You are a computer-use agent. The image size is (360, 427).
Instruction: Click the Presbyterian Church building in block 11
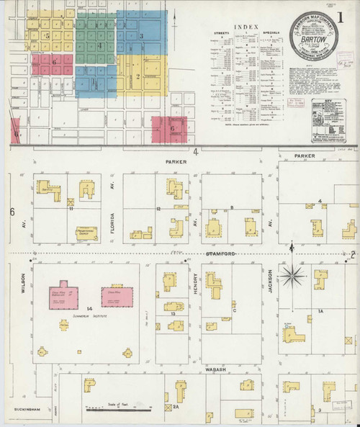pyautogui.click(x=86, y=233)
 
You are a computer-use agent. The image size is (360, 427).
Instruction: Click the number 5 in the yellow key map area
pyautogui.click(x=47, y=35)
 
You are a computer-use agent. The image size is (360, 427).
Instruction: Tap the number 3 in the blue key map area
pyautogui.click(x=141, y=36)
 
